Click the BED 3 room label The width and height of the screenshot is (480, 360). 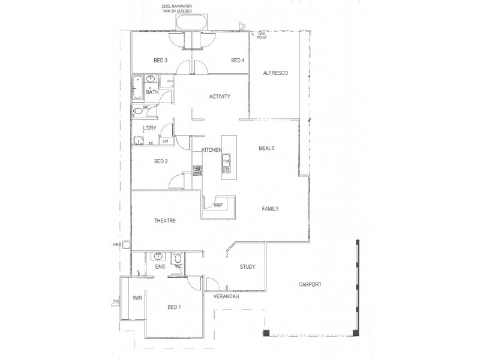[x=160, y=61]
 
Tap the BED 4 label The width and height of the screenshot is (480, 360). [x=238, y=61]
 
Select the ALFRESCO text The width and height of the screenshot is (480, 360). [x=276, y=73]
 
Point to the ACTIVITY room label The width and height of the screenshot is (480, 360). [x=220, y=97]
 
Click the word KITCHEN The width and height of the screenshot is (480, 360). [x=212, y=149]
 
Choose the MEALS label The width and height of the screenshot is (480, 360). [x=267, y=148]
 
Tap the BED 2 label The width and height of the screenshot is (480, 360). [x=160, y=161]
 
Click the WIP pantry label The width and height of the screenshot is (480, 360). [x=218, y=205]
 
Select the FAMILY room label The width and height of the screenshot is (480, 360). [x=271, y=209]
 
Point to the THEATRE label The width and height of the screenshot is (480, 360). [x=164, y=221]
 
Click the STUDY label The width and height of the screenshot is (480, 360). [x=248, y=267]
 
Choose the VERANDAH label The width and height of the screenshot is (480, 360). [x=227, y=297]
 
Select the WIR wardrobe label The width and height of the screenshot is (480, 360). [x=137, y=297]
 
